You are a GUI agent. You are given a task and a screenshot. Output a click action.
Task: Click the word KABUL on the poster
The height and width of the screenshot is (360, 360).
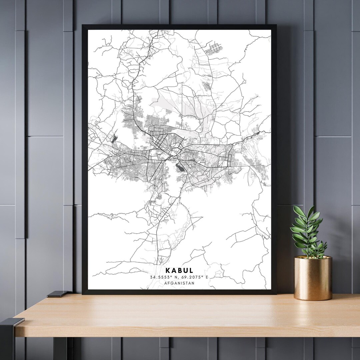coord(179,270)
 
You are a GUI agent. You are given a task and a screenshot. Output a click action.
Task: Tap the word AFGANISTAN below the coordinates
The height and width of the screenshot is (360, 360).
coord(179,283)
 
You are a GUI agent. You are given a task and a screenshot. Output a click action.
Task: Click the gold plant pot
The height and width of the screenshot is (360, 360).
coord(313,278)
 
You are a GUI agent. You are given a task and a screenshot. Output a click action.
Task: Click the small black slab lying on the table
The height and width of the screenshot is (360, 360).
coord(57,294)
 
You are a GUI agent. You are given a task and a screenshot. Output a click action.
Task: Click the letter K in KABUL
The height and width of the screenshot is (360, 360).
coord(167,270)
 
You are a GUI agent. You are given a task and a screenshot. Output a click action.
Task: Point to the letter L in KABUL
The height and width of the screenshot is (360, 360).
coord(191,270)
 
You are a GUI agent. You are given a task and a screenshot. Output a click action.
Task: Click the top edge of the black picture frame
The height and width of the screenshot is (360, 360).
coord(179,27)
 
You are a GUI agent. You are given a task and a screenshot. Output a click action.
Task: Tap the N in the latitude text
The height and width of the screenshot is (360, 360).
coord(174,277)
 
